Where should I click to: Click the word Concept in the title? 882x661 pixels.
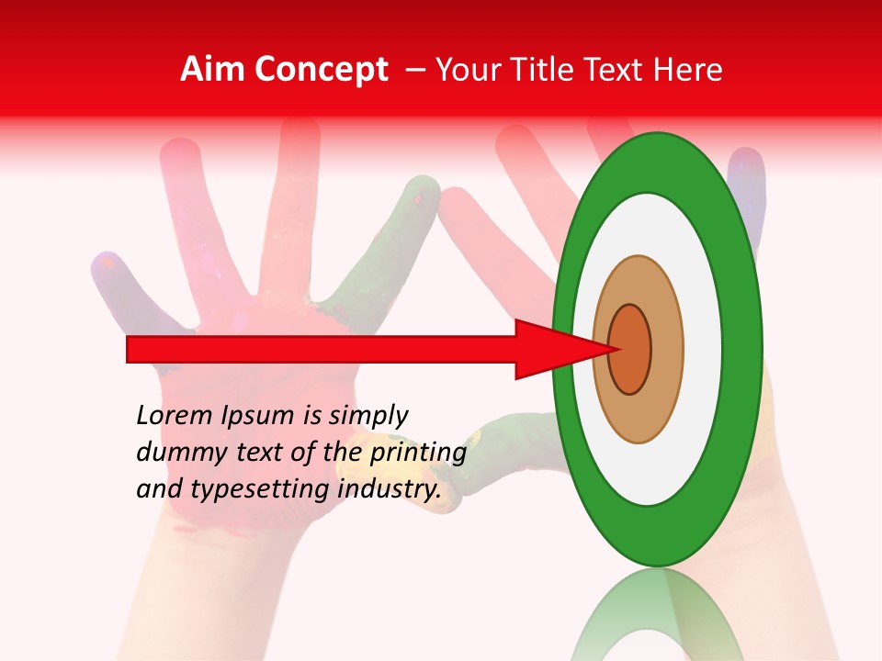[319, 71]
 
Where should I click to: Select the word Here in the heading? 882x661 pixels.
[689, 70]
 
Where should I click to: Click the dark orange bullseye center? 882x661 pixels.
[630, 350]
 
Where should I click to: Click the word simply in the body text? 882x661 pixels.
[368, 416]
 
